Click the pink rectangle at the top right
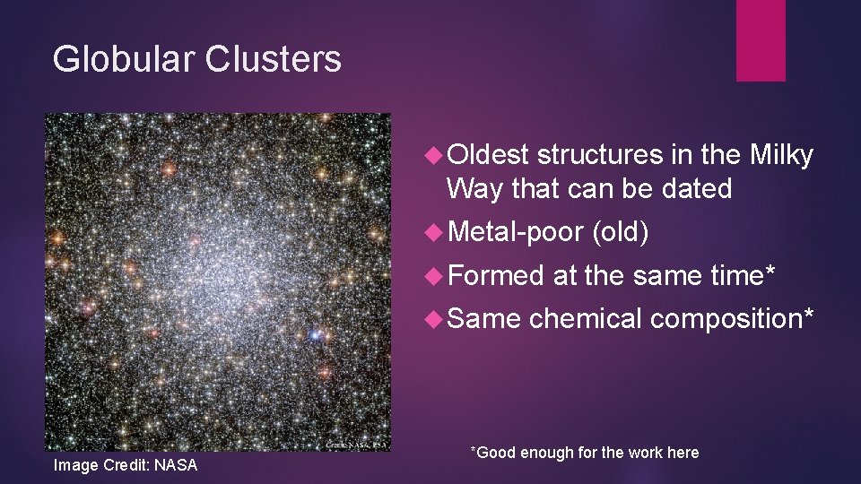point(761,40)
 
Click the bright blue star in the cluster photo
point(314,335)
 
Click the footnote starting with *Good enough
point(585,453)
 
